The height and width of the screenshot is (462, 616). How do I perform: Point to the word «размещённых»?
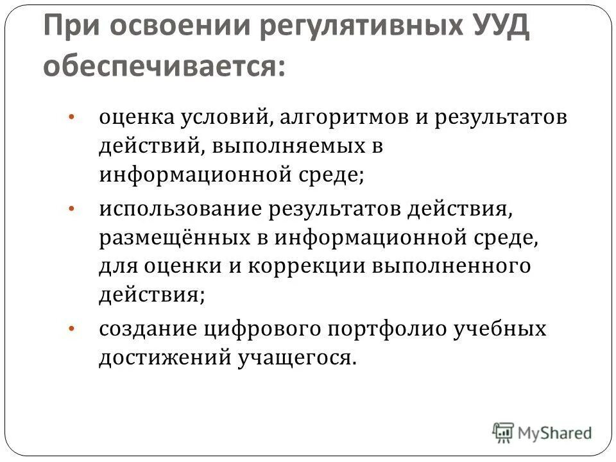(x=173, y=238)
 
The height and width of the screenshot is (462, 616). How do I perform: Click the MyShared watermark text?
(x=555, y=432)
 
